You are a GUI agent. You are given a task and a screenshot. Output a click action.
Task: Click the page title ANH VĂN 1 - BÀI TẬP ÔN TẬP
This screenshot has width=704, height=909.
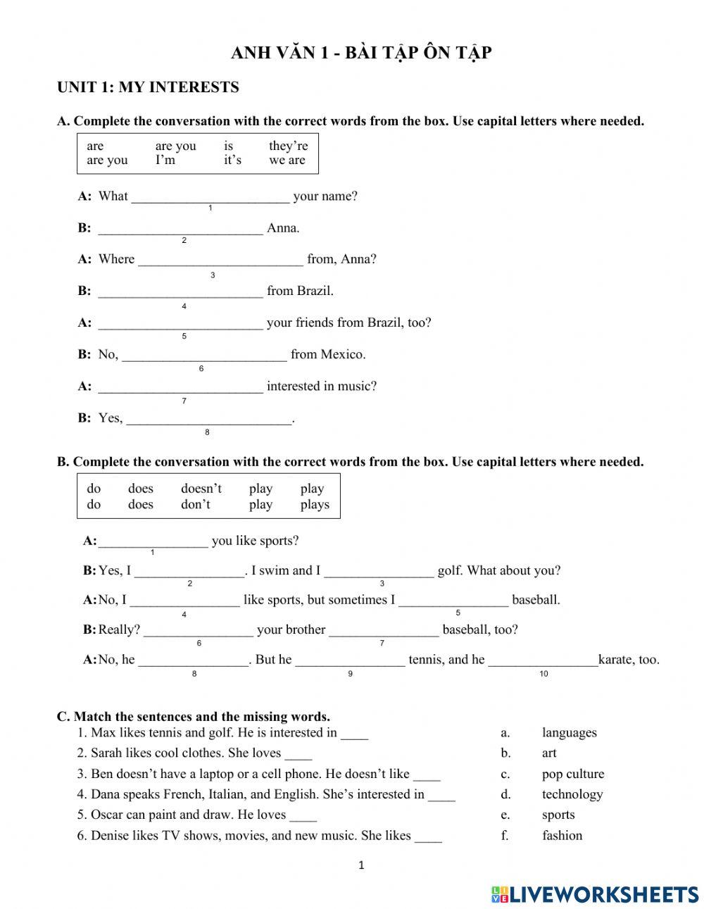361,54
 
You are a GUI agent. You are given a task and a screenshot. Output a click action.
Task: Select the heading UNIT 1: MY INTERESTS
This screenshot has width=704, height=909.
148,87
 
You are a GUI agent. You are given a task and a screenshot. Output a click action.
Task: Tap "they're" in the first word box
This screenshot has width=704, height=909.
288,146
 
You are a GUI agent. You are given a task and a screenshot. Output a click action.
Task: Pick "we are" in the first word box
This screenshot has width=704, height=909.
287,161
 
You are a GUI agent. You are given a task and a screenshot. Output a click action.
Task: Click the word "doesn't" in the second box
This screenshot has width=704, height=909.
201,489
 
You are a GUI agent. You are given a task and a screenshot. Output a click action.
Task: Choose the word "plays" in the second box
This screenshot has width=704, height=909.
314,505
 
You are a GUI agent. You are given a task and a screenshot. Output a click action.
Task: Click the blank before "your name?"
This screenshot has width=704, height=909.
210,196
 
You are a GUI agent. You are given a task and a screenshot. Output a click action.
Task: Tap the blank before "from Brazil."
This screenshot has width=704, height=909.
180,291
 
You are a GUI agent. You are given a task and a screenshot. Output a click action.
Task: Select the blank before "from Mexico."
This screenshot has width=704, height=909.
204,354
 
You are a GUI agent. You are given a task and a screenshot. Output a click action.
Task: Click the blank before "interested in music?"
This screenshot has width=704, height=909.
180,386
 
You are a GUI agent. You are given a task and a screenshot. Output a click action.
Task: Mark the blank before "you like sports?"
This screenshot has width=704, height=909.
153,541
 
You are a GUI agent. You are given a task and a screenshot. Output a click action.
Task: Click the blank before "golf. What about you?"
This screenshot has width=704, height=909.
379,571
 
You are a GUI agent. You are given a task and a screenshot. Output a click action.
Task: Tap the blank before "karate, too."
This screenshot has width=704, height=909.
542,660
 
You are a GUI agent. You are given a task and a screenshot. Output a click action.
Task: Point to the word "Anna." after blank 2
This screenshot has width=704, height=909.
283,228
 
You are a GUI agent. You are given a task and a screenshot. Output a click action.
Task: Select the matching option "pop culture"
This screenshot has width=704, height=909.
572,774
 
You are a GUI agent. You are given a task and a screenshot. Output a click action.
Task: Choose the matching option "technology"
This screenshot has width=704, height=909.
572,794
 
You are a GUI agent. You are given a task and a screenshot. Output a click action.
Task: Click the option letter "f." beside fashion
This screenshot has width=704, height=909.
505,836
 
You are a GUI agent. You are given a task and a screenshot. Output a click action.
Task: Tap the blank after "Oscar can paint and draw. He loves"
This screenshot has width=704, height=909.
303,815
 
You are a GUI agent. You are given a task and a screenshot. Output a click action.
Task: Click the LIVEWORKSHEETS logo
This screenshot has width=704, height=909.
595,894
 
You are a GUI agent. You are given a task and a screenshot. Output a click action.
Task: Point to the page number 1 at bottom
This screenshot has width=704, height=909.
361,866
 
